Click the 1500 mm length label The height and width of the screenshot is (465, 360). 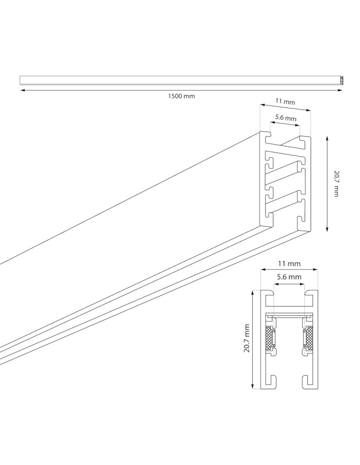click(x=181, y=96)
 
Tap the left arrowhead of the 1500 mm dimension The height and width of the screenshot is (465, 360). click(x=22, y=91)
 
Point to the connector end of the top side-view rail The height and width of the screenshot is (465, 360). click(x=341, y=80)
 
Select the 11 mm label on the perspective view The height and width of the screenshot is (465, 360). click(x=285, y=101)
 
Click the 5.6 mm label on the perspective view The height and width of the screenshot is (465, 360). click(x=285, y=118)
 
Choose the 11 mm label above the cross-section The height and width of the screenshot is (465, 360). click(x=289, y=264)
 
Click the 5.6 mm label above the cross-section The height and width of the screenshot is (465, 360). click(x=289, y=277)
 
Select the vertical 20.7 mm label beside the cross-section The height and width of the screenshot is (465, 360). click(x=247, y=338)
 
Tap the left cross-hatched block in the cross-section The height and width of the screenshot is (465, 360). click(x=269, y=339)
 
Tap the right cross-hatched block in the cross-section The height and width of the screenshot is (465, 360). click(x=309, y=339)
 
